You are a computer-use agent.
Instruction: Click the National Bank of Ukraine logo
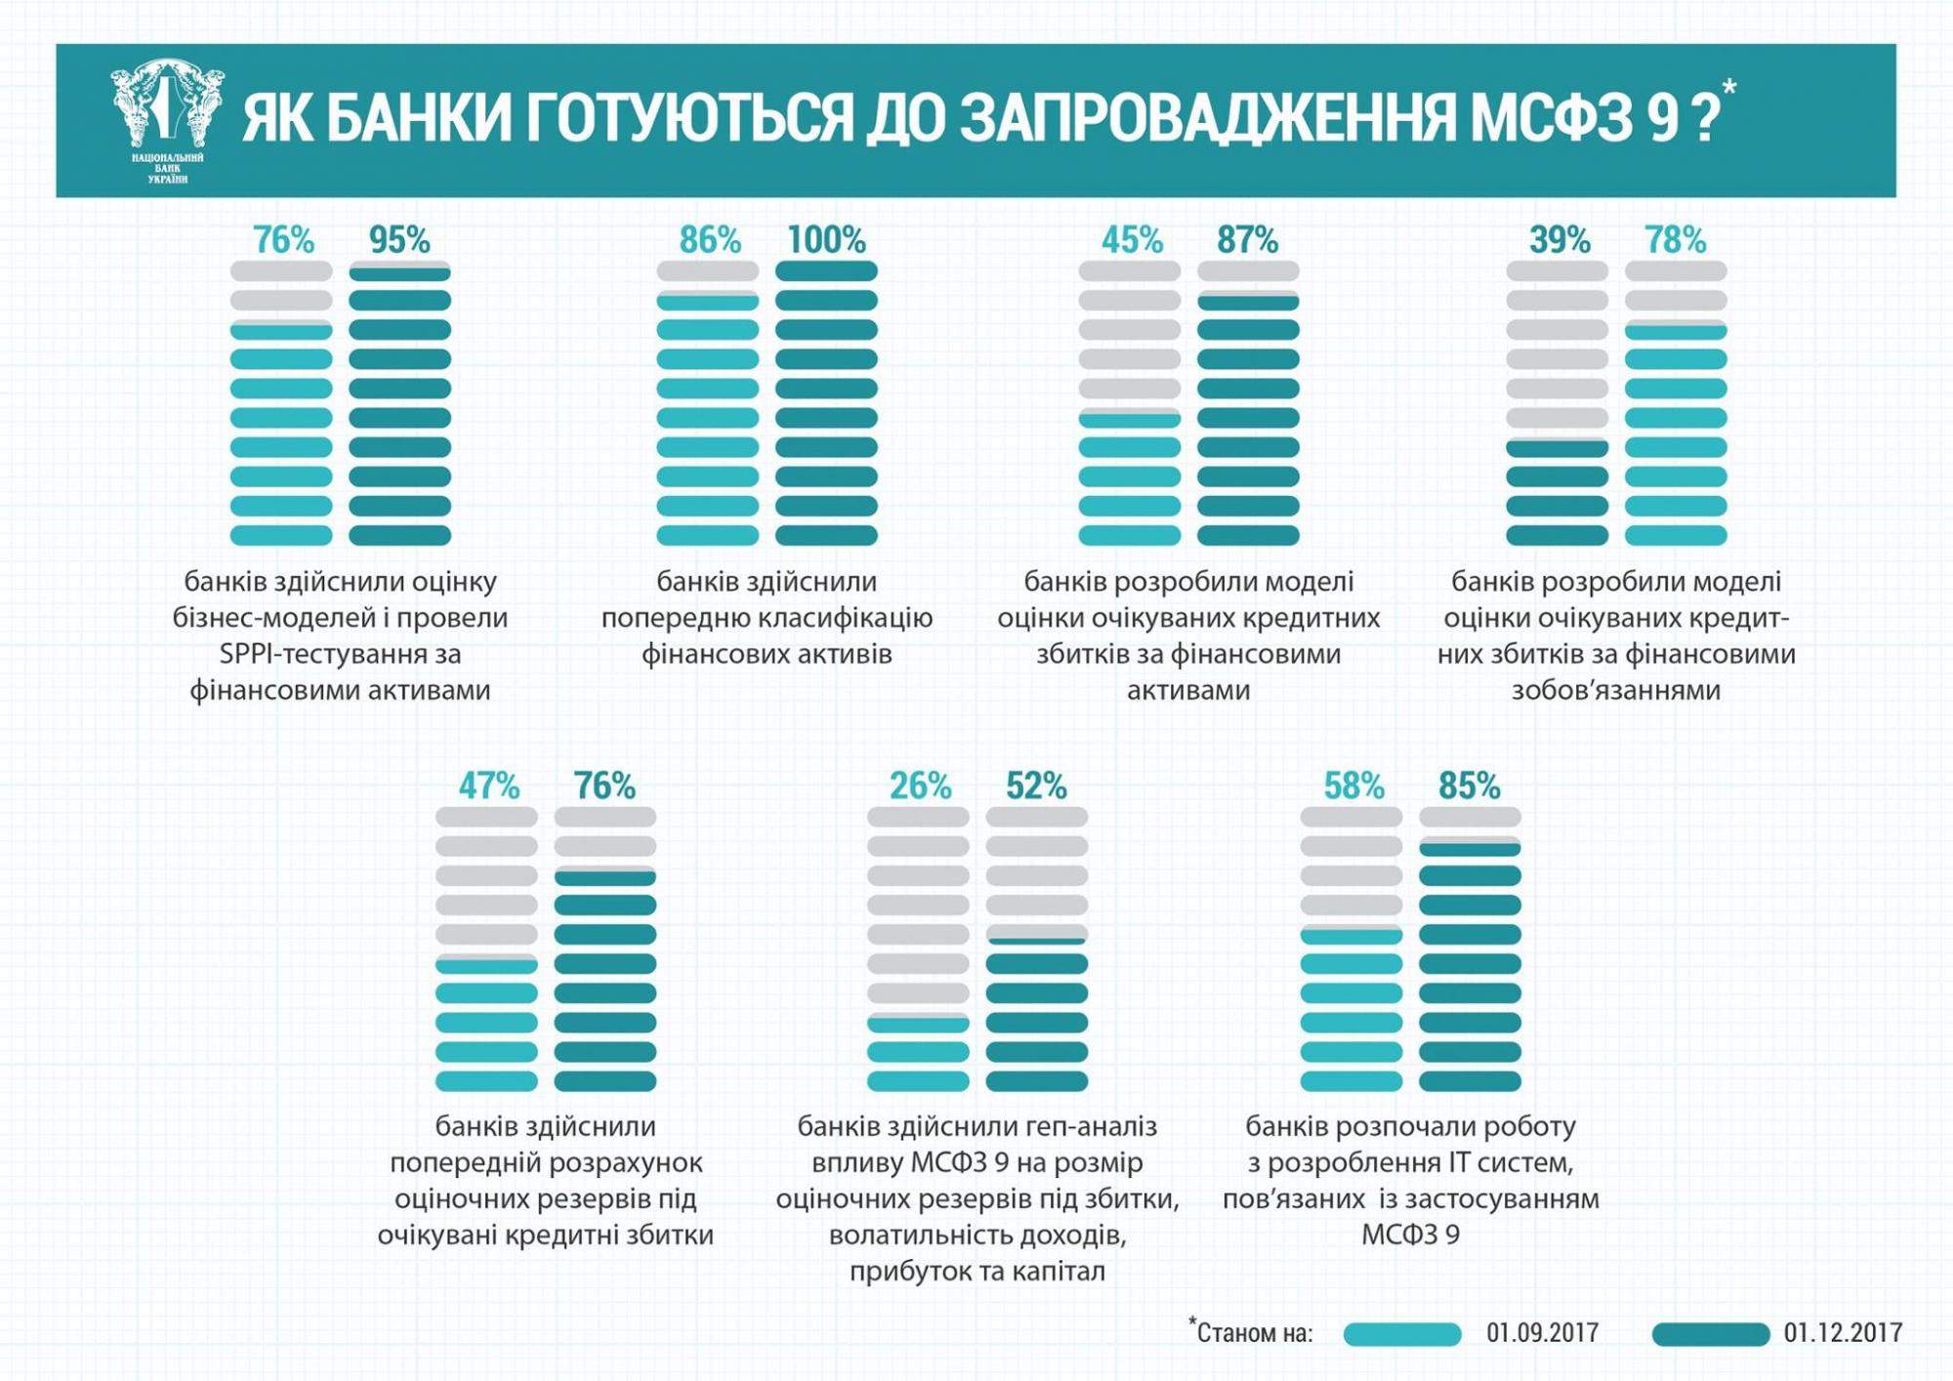pyautogui.click(x=168, y=120)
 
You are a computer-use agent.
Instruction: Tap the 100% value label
pyautogui.click(x=826, y=239)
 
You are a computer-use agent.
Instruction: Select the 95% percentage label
pyautogui.click(x=399, y=239)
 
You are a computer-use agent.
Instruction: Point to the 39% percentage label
pyautogui.click(x=1559, y=239)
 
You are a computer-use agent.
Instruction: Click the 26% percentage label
pyautogui.click(x=920, y=785)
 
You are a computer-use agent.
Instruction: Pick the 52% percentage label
pyautogui.click(x=1036, y=785)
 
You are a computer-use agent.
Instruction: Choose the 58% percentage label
pyautogui.click(x=1353, y=785)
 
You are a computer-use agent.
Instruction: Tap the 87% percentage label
pyautogui.click(x=1247, y=239)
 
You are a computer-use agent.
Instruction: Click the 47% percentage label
pyautogui.click(x=488, y=785)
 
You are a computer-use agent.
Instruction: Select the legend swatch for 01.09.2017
pyautogui.click(x=1401, y=1334)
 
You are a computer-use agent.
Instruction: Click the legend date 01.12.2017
pyautogui.click(x=1843, y=1333)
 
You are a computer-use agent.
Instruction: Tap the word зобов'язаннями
pyautogui.click(x=1615, y=690)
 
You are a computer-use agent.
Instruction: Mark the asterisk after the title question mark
pyautogui.click(x=1728, y=89)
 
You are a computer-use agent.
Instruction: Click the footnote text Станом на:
pyautogui.click(x=1251, y=1333)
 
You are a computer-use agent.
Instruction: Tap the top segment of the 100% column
pyautogui.click(x=826, y=272)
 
